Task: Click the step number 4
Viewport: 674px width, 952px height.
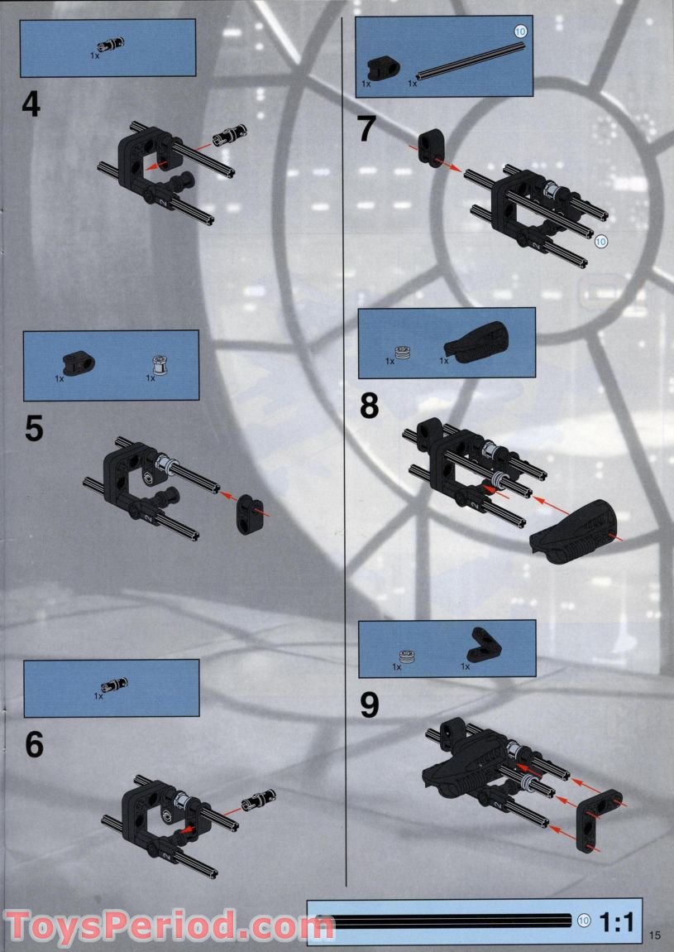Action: pos(31,105)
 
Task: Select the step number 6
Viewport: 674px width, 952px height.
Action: pos(34,744)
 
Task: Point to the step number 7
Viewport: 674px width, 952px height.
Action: pos(367,130)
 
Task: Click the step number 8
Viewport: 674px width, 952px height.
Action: pos(369,406)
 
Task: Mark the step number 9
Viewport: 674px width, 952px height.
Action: pos(370,704)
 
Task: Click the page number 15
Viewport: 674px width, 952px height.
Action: pos(656,935)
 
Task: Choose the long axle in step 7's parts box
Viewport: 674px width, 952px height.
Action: pos(471,62)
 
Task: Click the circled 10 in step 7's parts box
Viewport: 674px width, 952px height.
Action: pos(519,31)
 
